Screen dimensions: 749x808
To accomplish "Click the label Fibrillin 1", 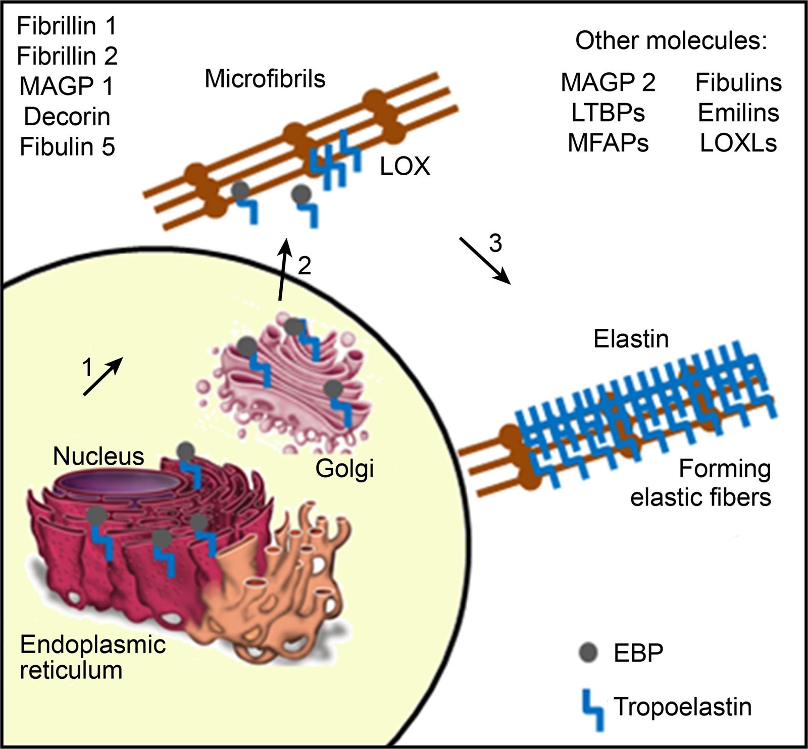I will pos(67,26).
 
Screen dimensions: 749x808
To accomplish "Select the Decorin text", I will pos(67,117).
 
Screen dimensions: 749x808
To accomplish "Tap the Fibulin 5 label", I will pos(67,147).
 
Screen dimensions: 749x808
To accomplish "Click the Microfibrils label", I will pos(265,79).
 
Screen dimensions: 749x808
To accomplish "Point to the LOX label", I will pos(405,167).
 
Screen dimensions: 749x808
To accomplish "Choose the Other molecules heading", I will pos(671,41).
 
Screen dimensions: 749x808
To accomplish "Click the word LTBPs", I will pos(608,113).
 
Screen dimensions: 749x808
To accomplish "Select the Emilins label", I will pos(738,113).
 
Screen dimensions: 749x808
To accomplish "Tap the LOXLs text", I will pos(738,143).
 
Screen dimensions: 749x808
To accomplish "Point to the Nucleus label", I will pos(98,456).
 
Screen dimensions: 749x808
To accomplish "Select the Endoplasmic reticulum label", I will pos(92,657).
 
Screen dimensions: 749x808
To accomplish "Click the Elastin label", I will pos(631,339).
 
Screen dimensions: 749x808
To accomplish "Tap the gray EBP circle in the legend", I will pos(587,653).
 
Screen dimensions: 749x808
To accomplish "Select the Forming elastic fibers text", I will pos(701,483).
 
